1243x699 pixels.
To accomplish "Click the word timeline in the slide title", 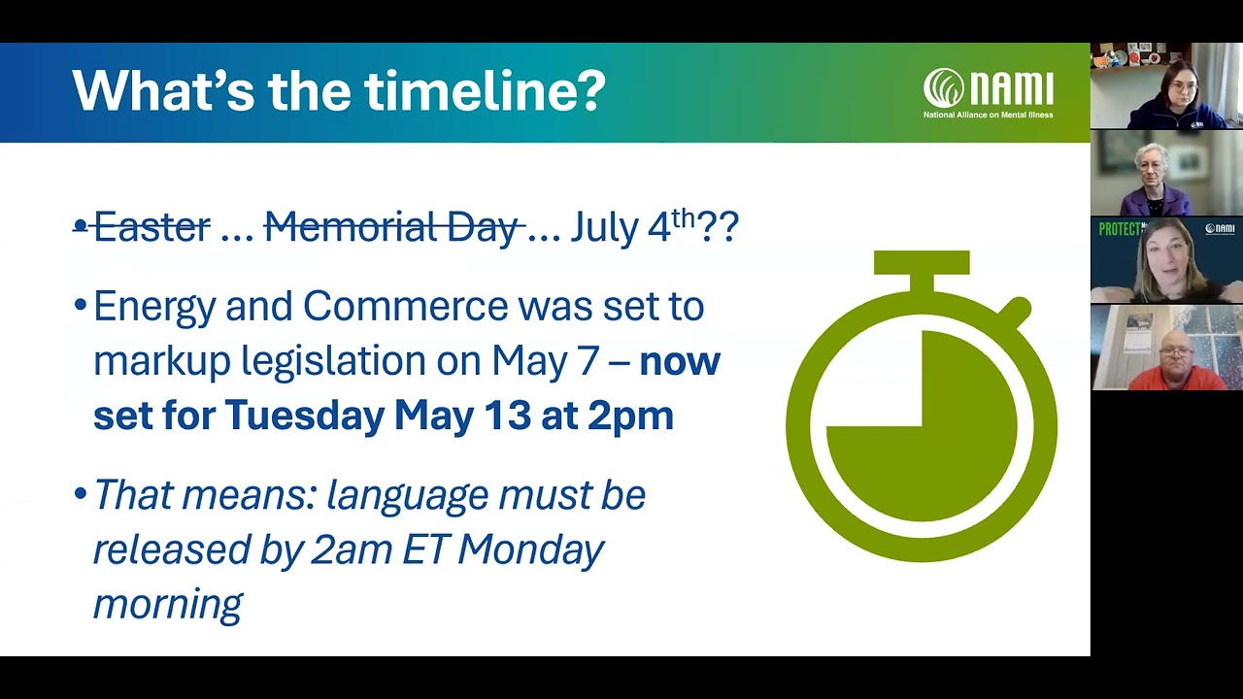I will pyautogui.click(x=485, y=90).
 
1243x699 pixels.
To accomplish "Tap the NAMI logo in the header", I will pyautogui.click(x=988, y=92).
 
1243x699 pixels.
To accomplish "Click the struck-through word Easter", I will pyautogui.click(x=151, y=227).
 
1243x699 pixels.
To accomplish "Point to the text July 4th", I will pyautogui.click(x=631, y=227).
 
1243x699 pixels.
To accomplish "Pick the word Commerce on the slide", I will pyautogui.click(x=405, y=307).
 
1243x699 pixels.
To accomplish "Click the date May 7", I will pyautogui.click(x=558, y=361).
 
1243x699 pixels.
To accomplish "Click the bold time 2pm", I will pyautogui.click(x=630, y=416).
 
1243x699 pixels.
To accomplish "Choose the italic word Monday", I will pyautogui.click(x=530, y=549).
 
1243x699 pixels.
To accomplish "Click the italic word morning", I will pyautogui.click(x=167, y=604).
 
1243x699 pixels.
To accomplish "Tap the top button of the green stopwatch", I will pyautogui.click(x=922, y=264).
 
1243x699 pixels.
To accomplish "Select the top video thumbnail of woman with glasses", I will pyautogui.click(x=1166, y=86).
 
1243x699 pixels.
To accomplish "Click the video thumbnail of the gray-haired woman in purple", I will pyautogui.click(x=1166, y=173).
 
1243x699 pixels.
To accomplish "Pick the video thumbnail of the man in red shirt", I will pyautogui.click(x=1166, y=348).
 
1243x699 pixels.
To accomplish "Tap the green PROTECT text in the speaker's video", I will pyautogui.click(x=1119, y=229).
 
